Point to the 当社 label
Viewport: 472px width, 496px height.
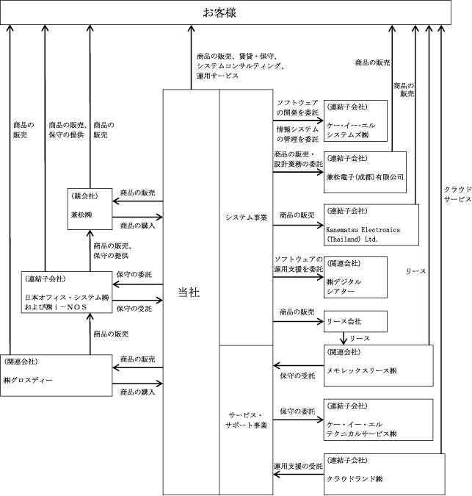[x=189, y=292]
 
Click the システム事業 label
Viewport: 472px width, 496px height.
[x=246, y=218]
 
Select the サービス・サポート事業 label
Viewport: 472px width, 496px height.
[x=246, y=420]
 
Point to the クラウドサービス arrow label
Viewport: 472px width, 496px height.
[x=458, y=194]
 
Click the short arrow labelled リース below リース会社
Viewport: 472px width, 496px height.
[x=344, y=339]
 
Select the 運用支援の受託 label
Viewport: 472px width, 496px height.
[x=298, y=466]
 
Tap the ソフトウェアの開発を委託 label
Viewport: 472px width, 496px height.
[x=297, y=107]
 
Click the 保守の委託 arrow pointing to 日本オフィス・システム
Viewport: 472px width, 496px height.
[x=138, y=284]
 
